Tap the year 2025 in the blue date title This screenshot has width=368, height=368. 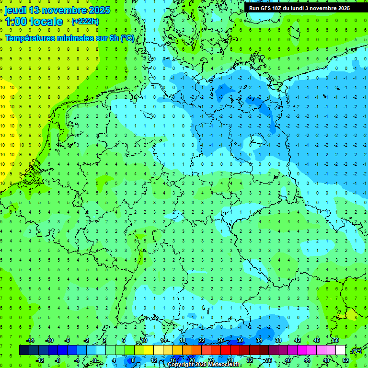98,10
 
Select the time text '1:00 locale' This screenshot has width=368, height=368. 34,22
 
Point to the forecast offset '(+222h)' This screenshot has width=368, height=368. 85,22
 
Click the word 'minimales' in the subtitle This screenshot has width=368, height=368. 71,38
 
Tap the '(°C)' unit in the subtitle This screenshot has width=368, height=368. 127,38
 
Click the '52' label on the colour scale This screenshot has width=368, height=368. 345,360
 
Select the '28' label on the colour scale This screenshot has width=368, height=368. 230,360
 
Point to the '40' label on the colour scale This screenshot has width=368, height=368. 287,360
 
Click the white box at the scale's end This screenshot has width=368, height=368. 340,350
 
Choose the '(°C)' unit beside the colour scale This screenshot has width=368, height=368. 356,351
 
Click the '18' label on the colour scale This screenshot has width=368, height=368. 183,340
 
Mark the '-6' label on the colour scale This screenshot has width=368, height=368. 67,340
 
